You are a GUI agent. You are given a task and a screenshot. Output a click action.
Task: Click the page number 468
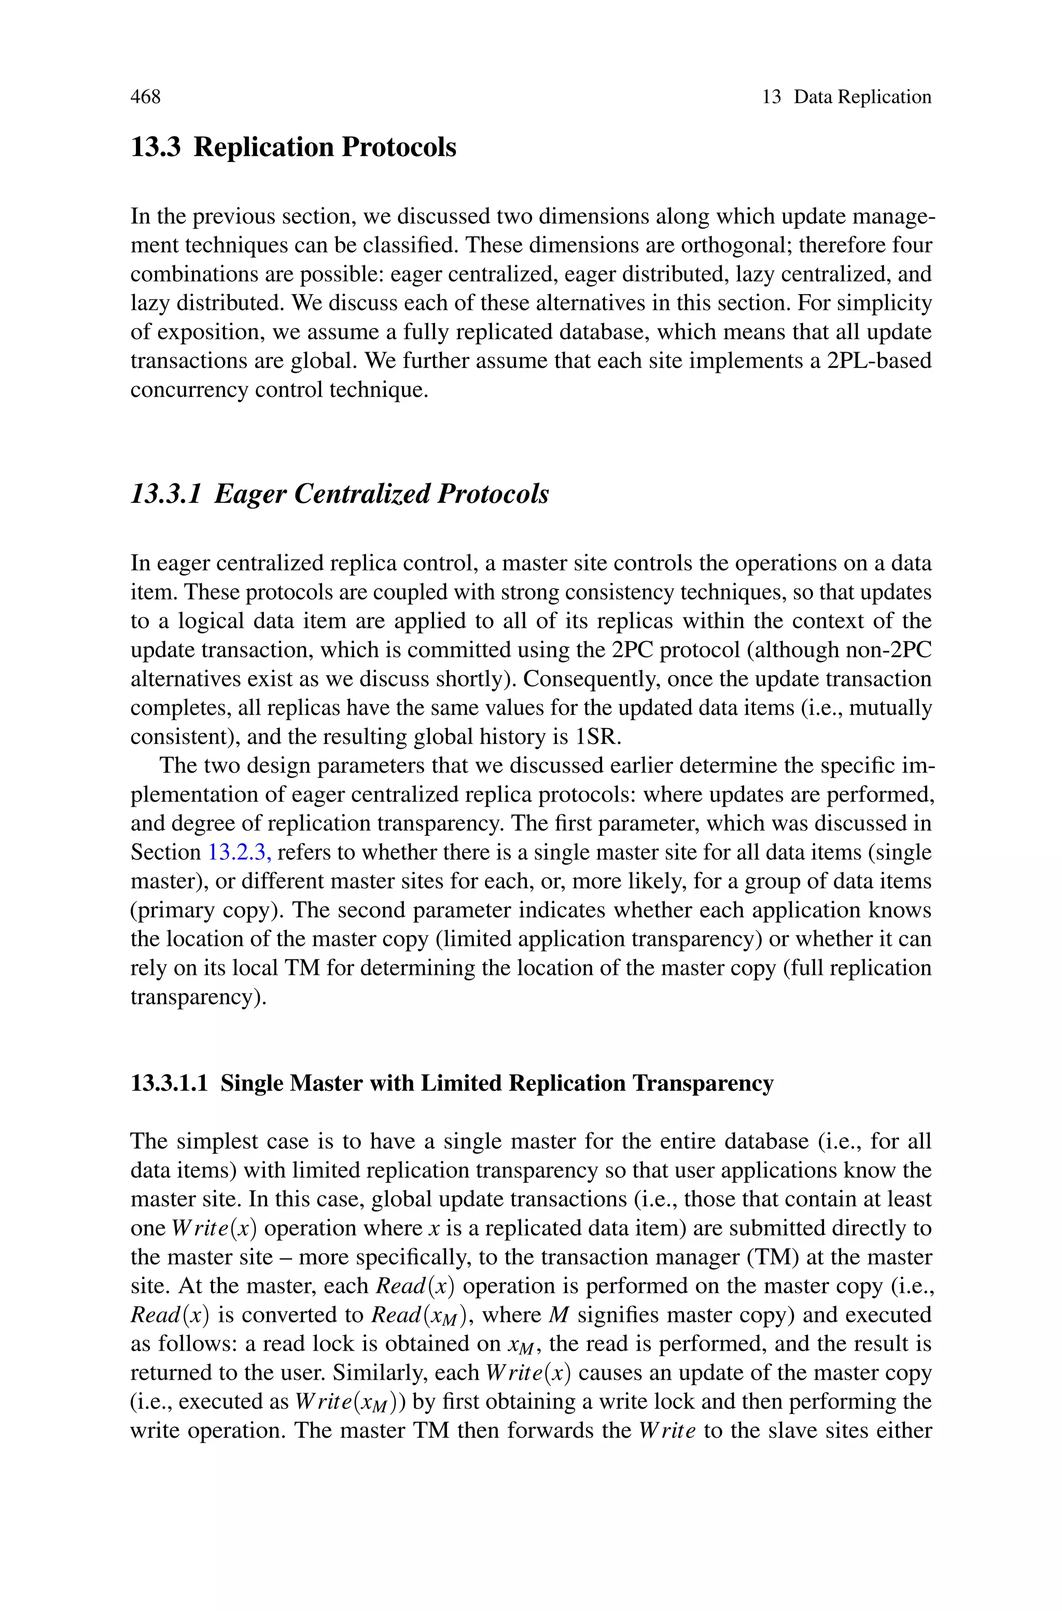point(146,97)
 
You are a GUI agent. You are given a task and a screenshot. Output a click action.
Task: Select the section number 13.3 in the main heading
point(155,148)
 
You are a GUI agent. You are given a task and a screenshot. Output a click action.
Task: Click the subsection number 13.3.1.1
point(169,1083)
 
